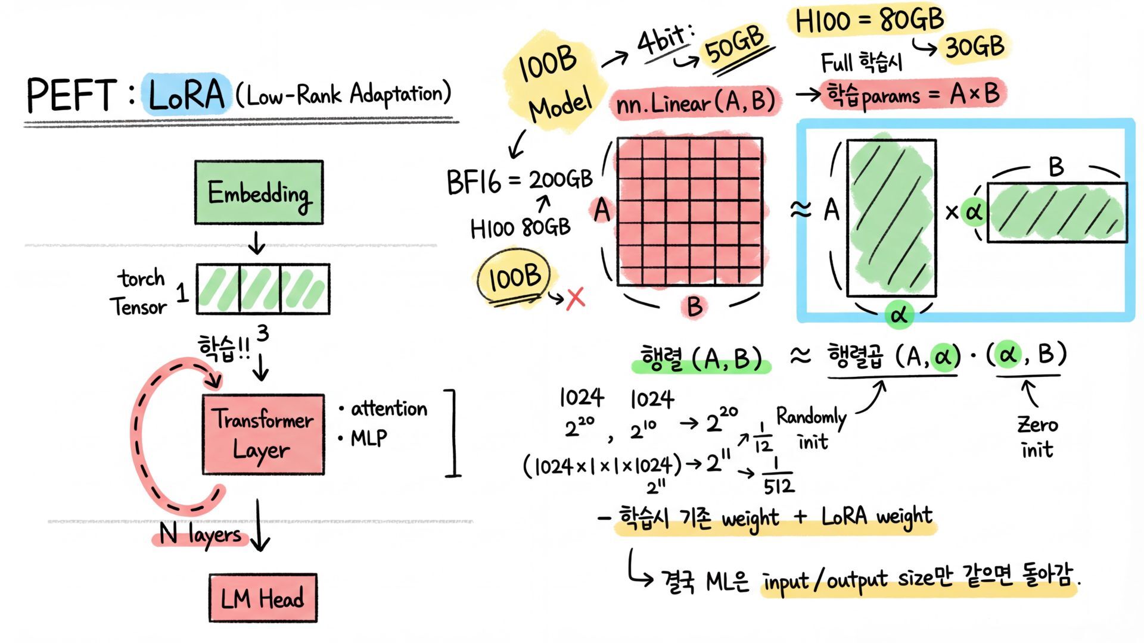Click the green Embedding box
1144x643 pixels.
[259, 192]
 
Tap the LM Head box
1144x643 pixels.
[263, 598]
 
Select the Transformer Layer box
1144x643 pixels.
[263, 435]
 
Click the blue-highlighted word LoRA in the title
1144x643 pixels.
[186, 95]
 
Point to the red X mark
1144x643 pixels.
[576, 298]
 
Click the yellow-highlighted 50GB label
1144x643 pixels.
[734, 45]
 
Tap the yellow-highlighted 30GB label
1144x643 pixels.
[975, 46]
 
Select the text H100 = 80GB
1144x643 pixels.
[869, 21]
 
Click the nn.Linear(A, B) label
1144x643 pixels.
[695, 103]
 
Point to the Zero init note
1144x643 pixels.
[1037, 437]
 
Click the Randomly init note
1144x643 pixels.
[812, 429]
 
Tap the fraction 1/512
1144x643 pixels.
[778, 476]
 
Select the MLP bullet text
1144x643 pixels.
[368, 439]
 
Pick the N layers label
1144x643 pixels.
[200, 534]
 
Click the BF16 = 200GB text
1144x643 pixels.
[520, 181]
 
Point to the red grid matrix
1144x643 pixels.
[689, 212]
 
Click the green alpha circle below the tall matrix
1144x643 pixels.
[899, 314]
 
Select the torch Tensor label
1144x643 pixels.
[139, 292]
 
